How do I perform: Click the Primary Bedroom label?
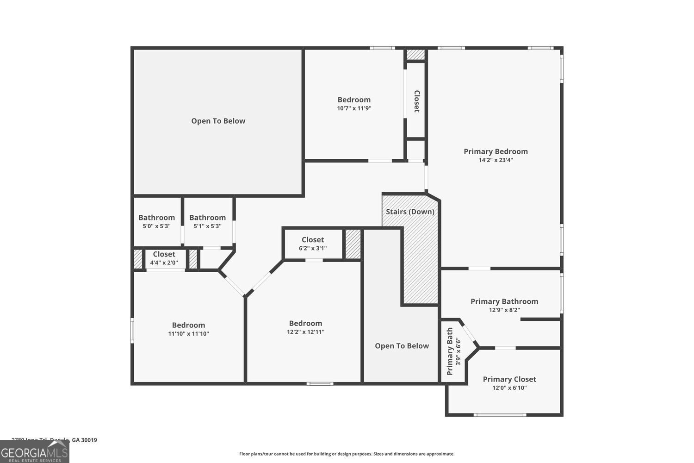coord(496,151)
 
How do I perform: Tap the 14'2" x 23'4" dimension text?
coord(496,160)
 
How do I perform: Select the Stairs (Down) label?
coord(410,212)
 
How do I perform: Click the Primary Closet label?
coord(509,379)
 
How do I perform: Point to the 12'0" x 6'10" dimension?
coord(509,388)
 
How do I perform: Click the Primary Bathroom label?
coord(504,301)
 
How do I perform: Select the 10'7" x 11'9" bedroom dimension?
coord(354,108)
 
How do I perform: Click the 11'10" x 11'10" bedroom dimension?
coord(188,334)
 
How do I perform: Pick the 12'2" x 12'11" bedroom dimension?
coord(305,332)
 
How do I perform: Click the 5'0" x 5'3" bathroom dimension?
coord(156,226)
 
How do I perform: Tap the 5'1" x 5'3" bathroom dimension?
coord(207,226)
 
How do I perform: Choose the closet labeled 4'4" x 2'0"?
coord(164,258)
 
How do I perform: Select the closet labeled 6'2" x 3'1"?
coord(313,244)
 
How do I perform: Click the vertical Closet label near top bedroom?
coord(416,101)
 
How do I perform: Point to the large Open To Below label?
coord(218,121)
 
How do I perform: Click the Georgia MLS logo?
coord(34,452)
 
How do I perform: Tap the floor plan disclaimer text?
coord(347,454)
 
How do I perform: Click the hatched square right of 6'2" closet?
coord(353,244)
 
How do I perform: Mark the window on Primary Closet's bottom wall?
coord(500,415)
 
